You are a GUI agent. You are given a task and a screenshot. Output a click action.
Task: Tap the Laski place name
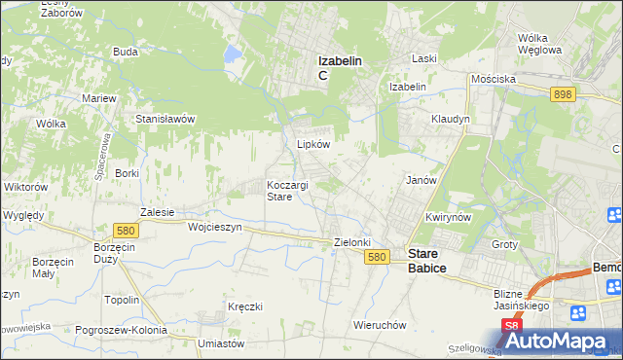pyautogui.click(x=423, y=58)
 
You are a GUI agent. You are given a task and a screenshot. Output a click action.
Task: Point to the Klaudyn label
pyautogui.click(x=451, y=119)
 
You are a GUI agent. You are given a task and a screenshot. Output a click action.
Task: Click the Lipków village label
pyautogui.click(x=313, y=143)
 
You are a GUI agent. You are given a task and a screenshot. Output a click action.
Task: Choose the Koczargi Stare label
pyautogui.click(x=288, y=190)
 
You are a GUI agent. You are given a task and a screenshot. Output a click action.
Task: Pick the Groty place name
pyautogui.click(x=504, y=244)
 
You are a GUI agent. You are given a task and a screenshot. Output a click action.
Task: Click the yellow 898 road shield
pyautogui.click(x=562, y=94)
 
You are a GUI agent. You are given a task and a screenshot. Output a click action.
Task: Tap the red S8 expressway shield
pyautogui.click(x=512, y=326)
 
